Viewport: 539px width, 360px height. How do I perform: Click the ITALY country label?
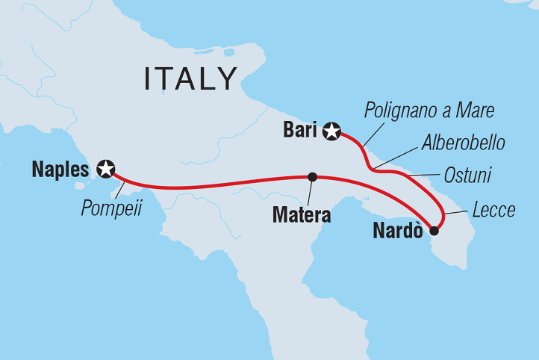coord(191,78)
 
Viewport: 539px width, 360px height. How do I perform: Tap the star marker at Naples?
coord(106,170)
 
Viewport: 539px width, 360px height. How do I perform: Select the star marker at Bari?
coord(332,132)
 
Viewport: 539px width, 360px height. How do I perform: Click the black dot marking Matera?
coord(312,177)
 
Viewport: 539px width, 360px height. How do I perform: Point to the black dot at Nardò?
coord(434,231)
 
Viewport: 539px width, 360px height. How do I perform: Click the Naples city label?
coord(60,170)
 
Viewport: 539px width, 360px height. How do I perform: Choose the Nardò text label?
coord(397,232)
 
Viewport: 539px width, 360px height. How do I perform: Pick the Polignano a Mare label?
coord(430,111)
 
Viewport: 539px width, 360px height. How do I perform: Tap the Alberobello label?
coord(463,142)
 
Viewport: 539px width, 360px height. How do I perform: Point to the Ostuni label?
coord(467,176)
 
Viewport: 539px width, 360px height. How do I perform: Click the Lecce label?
coord(494,211)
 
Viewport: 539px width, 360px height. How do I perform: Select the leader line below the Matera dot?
coord(310,193)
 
